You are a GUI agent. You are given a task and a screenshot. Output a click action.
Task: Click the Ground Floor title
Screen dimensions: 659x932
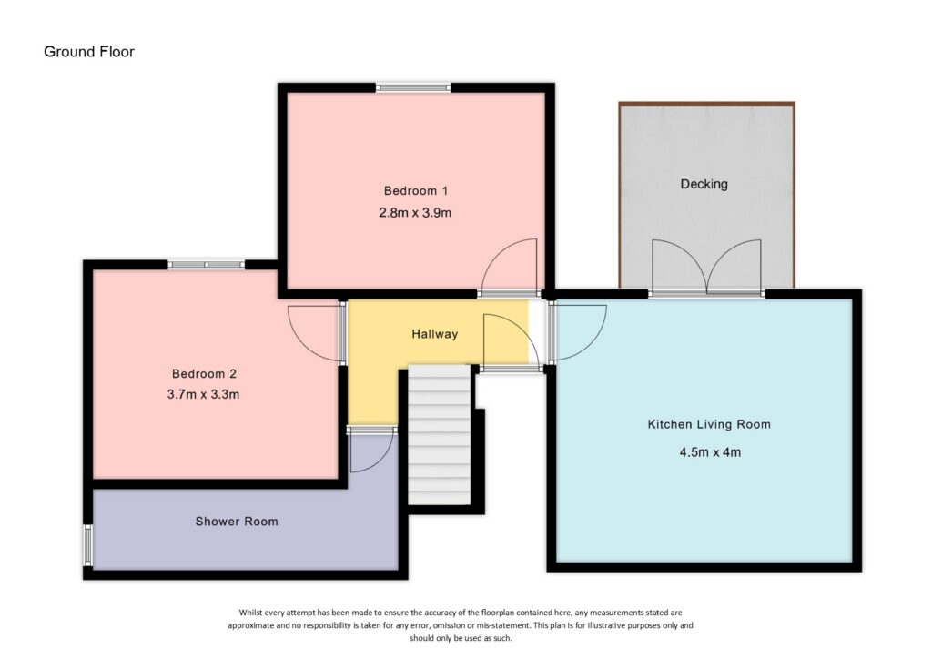coord(89,52)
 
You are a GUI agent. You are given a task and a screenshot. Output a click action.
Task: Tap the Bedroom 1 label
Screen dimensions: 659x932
coord(417,191)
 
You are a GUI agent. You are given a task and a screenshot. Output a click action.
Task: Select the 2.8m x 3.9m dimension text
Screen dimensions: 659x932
coord(417,213)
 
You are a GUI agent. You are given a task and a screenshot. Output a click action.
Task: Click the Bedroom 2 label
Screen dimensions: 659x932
coord(205,373)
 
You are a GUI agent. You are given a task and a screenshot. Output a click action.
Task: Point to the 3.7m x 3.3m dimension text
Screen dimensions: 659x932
coord(205,395)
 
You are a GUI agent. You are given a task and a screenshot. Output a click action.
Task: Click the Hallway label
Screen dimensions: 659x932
coord(434,334)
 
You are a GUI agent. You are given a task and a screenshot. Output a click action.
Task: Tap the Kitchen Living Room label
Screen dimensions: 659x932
coord(709,424)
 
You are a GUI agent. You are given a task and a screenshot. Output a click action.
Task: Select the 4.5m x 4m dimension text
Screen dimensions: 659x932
coord(709,452)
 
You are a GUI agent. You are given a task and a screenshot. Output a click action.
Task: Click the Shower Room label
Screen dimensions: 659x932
coord(237,522)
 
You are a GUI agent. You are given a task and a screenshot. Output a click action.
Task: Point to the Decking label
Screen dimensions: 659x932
coord(704,184)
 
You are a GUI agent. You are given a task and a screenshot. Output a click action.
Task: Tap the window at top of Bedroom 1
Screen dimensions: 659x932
coord(414,88)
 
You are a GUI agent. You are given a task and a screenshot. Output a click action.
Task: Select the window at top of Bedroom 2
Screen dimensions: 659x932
coord(206,265)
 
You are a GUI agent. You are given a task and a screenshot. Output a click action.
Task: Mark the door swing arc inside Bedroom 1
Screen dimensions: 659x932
coord(511,265)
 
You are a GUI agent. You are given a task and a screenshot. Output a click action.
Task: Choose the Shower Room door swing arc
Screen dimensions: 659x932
coord(370,451)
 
